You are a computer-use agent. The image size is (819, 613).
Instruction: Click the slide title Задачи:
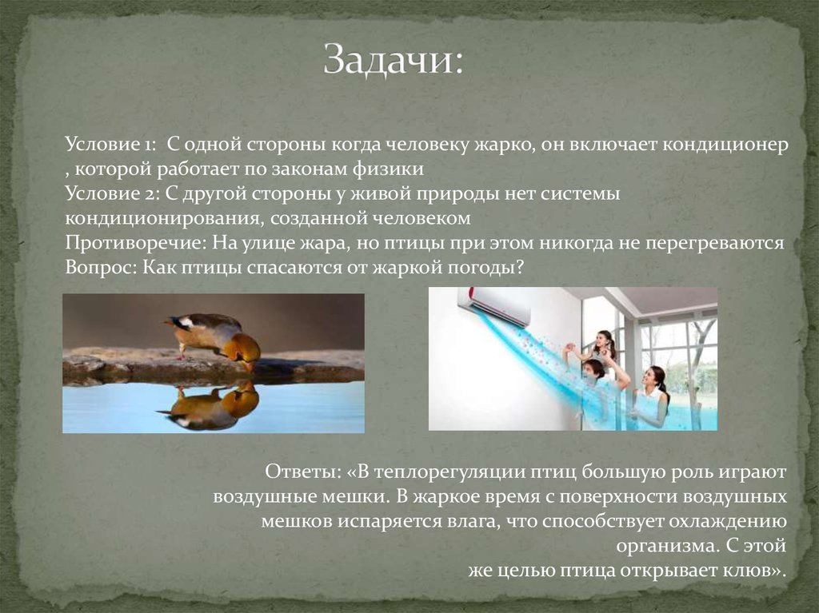point(393,62)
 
